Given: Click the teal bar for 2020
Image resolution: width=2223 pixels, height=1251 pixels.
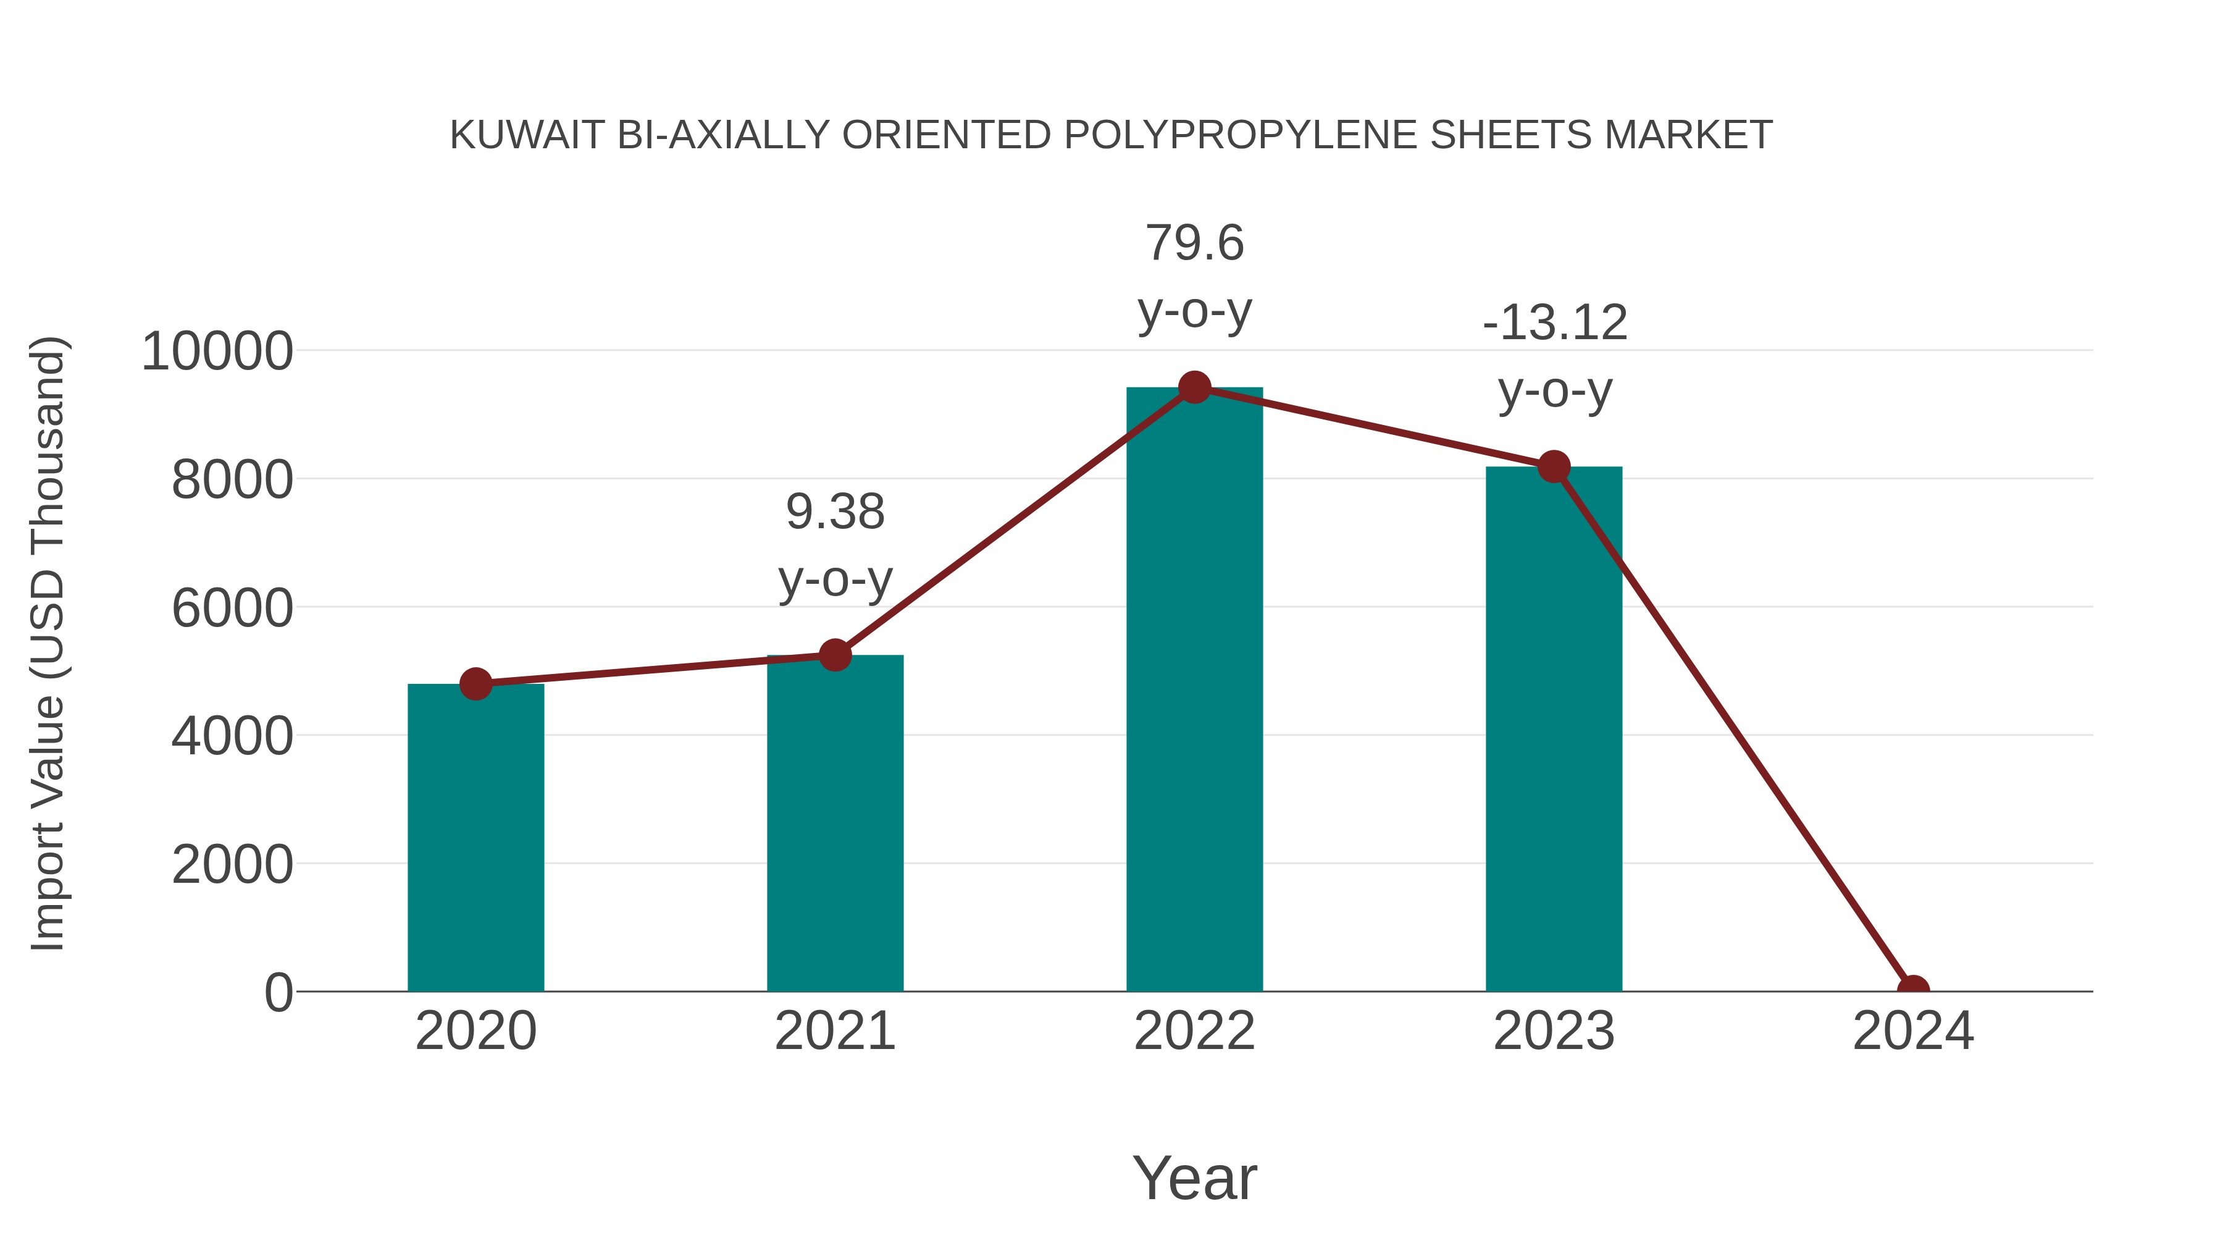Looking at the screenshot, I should click(x=475, y=838).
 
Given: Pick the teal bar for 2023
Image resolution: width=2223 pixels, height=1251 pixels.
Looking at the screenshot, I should click(x=1554, y=729).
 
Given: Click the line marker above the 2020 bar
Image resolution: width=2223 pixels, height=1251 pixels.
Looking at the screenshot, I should click(x=475, y=684).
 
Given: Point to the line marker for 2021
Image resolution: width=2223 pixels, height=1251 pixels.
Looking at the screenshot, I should click(x=834, y=655).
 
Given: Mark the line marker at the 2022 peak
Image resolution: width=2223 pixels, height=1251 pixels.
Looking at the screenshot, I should click(x=1194, y=387).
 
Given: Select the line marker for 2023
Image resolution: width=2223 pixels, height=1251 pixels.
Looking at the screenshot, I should click(x=1554, y=467).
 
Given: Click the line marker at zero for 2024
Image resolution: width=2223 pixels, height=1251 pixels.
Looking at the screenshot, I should click(x=1912, y=990).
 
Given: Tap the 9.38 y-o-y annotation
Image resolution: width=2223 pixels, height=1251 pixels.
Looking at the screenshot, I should click(x=834, y=545).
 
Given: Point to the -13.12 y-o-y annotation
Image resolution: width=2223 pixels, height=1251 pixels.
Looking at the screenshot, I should click(x=1554, y=356).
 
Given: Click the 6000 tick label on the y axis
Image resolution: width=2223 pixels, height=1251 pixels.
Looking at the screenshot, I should click(x=232, y=608).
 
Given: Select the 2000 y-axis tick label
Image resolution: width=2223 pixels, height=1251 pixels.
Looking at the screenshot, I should click(x=232, y=864).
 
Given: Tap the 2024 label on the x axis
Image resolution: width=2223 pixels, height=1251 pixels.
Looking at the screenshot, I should click(x=1912, y=1031).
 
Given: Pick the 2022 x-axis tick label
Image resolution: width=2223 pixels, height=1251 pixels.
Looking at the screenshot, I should click(x=1194, y=1031).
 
